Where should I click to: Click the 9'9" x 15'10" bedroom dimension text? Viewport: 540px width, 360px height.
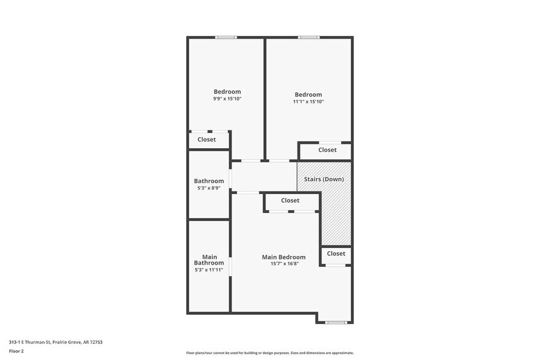click(x=227, y=99)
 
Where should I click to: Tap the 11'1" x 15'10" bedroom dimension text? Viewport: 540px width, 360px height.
click(x=308, y=102)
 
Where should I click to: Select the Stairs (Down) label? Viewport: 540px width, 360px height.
click(x=324, y=179)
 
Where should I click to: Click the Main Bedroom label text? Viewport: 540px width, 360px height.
click(x=283, y=257)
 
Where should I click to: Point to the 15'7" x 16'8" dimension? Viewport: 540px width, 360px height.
click(x=283, y=264)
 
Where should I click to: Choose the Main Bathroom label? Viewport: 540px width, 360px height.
click(x=209, y=260)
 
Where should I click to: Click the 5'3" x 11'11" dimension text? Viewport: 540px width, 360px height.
click(x=209, y=269)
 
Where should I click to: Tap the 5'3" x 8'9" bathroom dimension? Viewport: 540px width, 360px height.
click(x=209, y=188)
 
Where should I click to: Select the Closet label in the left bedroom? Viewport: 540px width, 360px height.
click(x=206, y=140)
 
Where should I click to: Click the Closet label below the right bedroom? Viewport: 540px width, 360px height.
click(x=327, y=150)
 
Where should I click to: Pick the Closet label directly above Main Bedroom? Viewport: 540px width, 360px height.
click(x=290, y=201)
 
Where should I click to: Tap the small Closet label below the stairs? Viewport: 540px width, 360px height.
click(x=336, y=253)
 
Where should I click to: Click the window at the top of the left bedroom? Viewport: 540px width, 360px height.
click(x=226, y=37)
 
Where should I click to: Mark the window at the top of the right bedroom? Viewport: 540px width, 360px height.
click(x=308, y=37)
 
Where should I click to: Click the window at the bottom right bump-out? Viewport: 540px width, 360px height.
click(x=336, y=322)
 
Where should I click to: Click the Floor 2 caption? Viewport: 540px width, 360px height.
click(x=16, y=351)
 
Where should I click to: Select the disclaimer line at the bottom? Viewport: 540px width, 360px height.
click(x=269, y=353)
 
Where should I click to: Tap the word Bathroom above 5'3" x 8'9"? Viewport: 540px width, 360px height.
click(x=209, y=181)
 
